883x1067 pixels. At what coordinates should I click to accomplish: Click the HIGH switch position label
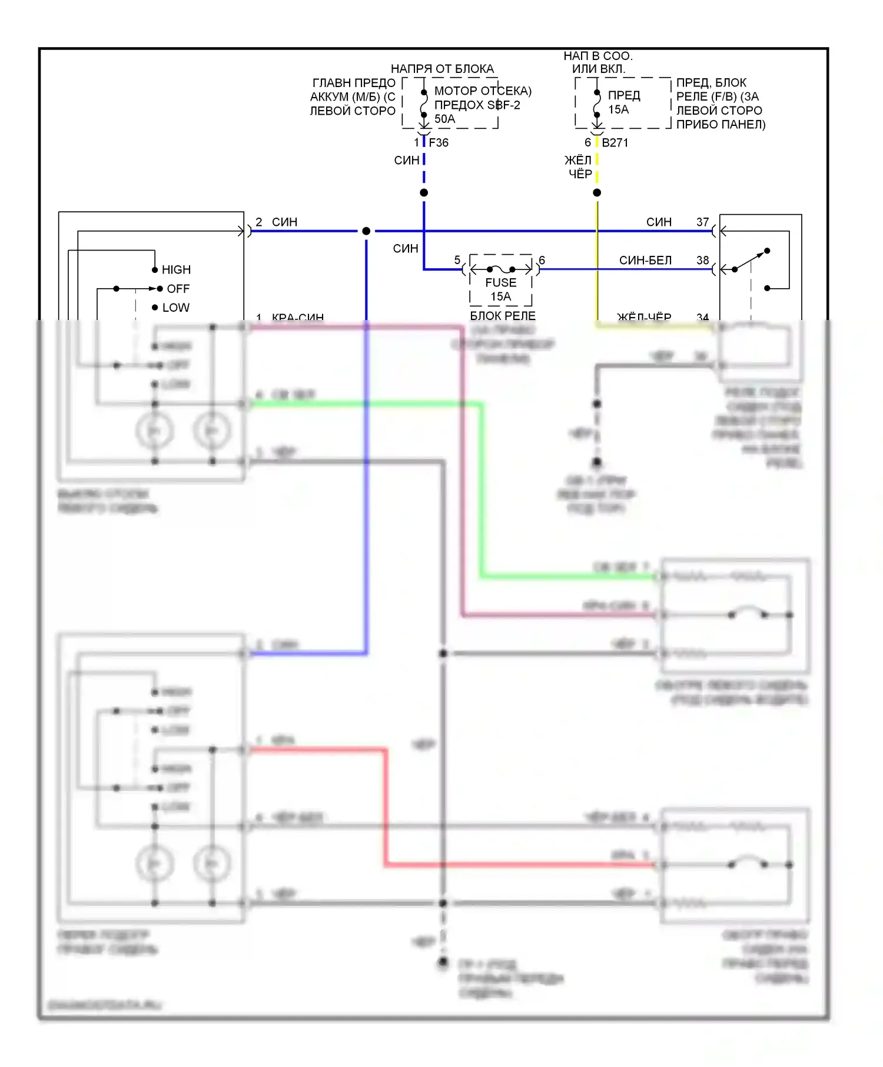[176, 270]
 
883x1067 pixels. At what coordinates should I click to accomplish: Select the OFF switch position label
[178, 289]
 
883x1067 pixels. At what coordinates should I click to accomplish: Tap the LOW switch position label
[176, 308]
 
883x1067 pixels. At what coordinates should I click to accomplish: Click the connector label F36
[439, 142]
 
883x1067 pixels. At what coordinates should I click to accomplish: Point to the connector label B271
[615, 142]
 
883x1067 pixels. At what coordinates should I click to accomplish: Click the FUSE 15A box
[501, 282]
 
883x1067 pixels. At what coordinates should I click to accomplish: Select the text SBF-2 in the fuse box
[504, 105]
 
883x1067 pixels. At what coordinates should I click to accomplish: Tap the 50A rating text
[444, 119]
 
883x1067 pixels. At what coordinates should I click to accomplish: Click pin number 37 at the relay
[702, 222]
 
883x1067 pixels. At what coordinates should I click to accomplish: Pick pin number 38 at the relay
[702, 260]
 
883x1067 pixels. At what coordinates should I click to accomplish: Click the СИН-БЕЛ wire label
[645, 260]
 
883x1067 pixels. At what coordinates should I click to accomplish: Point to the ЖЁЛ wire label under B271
[577, 161]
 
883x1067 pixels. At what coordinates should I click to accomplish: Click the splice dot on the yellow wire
[597, 193]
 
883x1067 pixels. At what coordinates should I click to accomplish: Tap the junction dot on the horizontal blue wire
[366, 231]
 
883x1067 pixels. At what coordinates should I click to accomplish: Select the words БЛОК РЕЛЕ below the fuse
[503, 316]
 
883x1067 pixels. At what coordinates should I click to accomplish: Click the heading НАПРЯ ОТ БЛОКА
[442, 69]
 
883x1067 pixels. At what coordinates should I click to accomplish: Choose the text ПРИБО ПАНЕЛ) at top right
[721, 124]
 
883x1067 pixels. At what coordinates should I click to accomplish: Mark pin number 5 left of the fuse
[457, 260]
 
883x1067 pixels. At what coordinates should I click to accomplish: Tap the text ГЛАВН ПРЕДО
[354, 83]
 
